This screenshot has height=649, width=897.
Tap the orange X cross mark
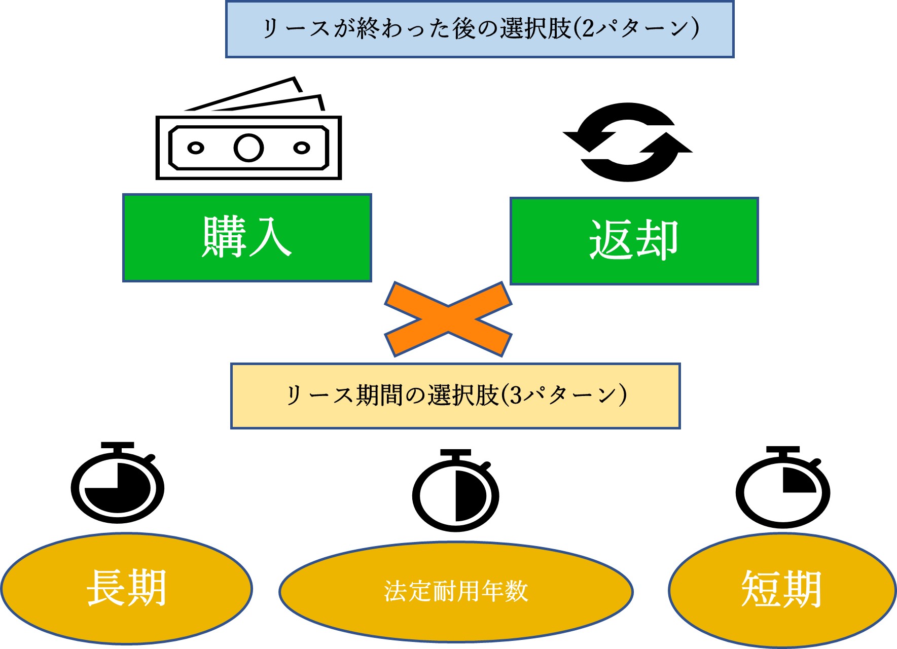(x=448, y=319)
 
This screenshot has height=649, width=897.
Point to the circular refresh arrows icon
(x=628, y=142)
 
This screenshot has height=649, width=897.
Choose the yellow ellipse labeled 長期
(x=126, y=588)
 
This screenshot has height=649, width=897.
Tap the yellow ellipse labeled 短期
(x=781, y=590)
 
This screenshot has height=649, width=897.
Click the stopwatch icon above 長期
(x=117, y=484)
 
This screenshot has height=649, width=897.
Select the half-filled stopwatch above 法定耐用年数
(x=456, y=491)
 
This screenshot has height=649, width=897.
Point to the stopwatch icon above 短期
(x=782, y=488)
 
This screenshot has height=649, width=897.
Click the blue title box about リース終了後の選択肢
(x=480, y=29)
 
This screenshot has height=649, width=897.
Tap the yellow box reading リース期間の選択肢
(x=455, y=395)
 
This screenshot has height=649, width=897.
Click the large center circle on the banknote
(x=248, y=148)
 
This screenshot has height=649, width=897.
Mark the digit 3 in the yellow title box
(x=516, y=395)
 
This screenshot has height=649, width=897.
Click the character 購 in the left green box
(x=224, y=237)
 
